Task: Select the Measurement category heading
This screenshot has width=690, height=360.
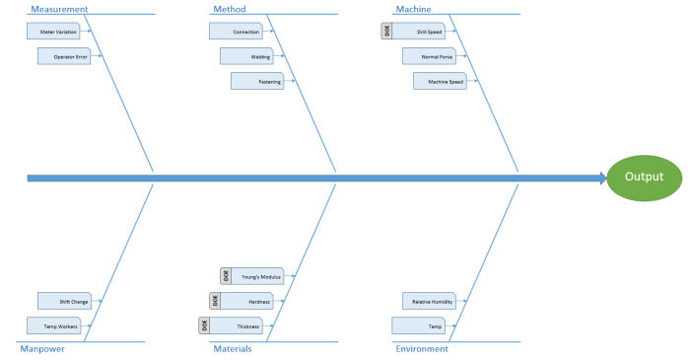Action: tap(59, 9)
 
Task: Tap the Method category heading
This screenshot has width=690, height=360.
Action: tap(230, 9)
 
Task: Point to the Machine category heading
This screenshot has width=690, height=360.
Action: tap(413, 9)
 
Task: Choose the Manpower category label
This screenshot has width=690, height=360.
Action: tap(42, 348)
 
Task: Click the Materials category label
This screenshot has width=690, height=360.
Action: tap(232, 348)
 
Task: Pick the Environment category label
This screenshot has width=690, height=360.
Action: tap(422, 348)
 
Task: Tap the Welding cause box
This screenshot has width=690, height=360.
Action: tap(245, 56)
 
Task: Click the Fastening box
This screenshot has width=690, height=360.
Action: tap(256, 81)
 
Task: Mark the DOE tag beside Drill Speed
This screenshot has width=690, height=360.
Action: tap(385, 32)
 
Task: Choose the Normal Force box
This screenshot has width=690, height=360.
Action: tap(429, 56)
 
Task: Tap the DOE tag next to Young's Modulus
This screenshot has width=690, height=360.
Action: tap(226, 276)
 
